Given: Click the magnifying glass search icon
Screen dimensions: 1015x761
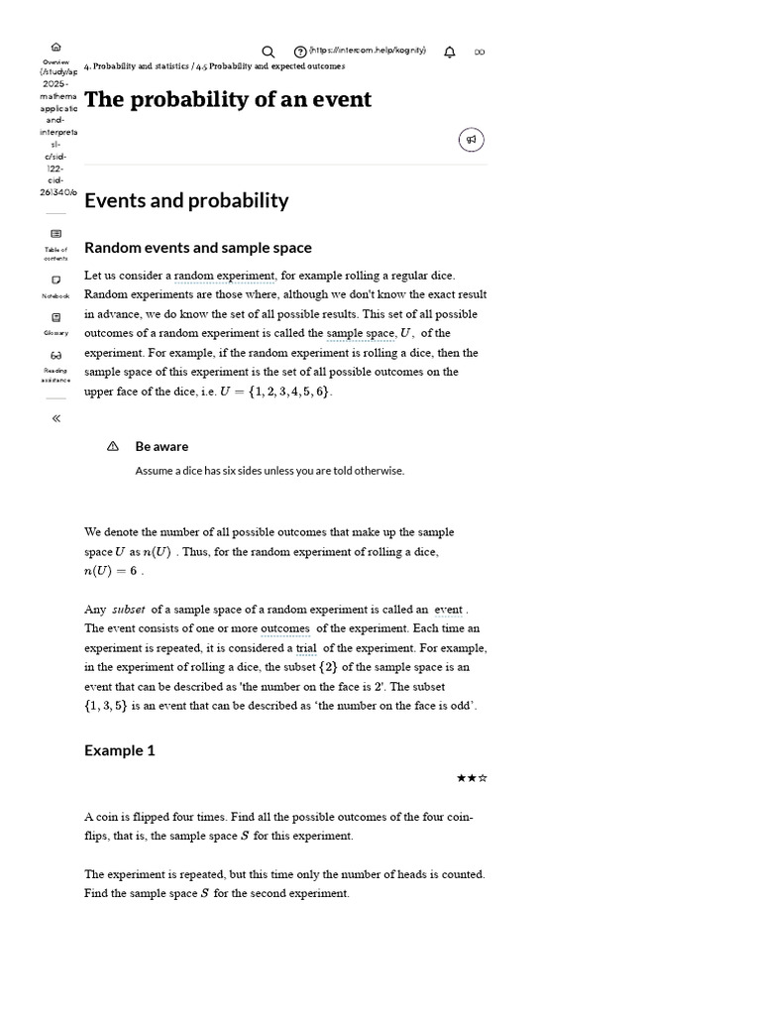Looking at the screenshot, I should (268, 52).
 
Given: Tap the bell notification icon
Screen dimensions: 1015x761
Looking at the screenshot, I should (450, 52).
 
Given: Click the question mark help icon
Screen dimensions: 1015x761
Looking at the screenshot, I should (299, 52).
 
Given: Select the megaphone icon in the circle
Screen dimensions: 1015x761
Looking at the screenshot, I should (471, 140).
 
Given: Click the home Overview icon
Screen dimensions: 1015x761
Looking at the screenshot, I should (55, 47).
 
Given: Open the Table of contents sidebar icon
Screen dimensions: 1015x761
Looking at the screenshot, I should (55, 234).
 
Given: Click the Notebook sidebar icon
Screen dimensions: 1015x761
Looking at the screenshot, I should (55, 281).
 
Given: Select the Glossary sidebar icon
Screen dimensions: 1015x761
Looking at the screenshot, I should (55, 318).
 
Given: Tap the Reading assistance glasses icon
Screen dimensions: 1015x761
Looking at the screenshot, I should (55, 356).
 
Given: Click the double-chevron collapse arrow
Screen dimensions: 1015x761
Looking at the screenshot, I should (55, 418).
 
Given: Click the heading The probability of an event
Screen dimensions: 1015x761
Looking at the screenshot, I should (228, 99).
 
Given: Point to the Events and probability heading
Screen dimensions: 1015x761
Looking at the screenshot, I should (186, 200).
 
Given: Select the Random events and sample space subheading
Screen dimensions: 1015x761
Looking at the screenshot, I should (197, 248).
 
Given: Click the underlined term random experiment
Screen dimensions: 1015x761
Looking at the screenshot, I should (225, 276).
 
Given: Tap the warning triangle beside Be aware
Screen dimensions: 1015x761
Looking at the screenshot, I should (112, 446).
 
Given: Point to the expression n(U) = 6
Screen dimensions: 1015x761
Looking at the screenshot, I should (111, 571).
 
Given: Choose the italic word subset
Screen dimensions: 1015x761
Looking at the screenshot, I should (128, 610).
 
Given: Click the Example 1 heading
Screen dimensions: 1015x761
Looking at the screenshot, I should (120, 750).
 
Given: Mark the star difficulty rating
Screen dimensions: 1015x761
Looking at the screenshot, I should (472, 778).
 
